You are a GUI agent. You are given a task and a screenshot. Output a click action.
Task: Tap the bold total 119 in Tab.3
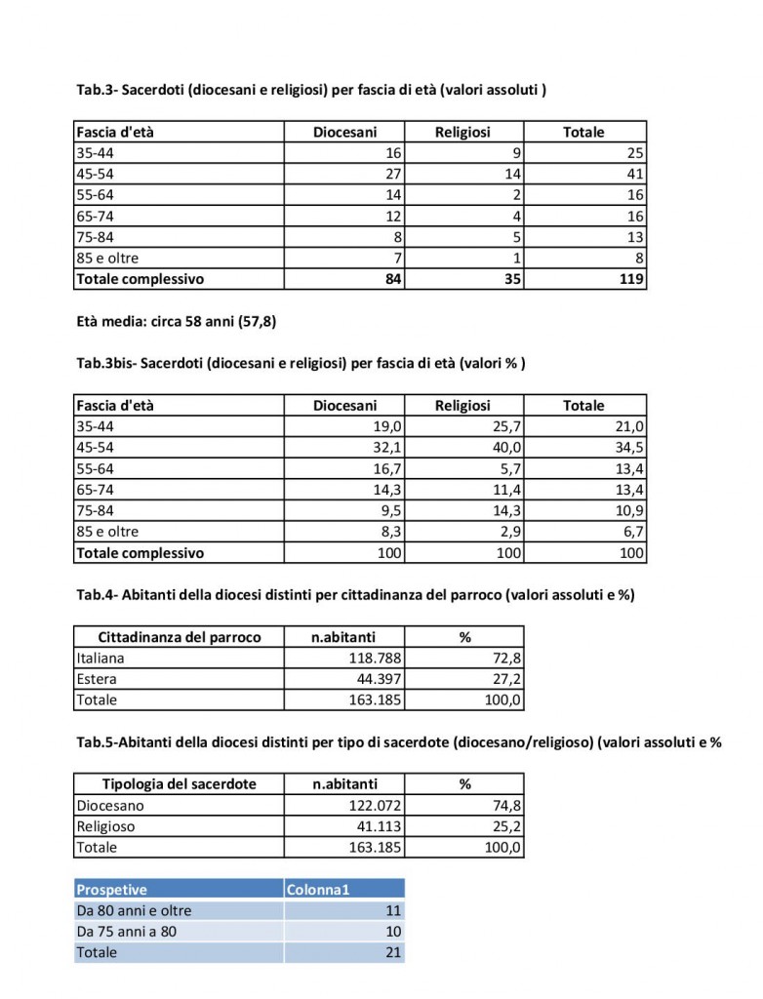631,278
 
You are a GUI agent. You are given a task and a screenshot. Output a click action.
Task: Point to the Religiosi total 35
511,278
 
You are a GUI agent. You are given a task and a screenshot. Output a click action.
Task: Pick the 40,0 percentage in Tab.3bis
507,447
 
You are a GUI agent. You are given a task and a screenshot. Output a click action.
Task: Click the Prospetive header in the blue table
112,889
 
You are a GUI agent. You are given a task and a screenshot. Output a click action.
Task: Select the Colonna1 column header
317,889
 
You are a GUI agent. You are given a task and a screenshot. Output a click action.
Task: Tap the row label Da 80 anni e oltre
134,910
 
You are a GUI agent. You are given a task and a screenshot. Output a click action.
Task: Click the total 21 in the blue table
393,952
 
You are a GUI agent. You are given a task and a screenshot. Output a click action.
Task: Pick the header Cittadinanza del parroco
180,637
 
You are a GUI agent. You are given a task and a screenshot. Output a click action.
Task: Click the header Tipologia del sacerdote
180,783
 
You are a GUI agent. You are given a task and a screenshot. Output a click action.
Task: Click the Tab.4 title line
355,595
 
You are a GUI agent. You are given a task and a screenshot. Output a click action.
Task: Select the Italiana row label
100,658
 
